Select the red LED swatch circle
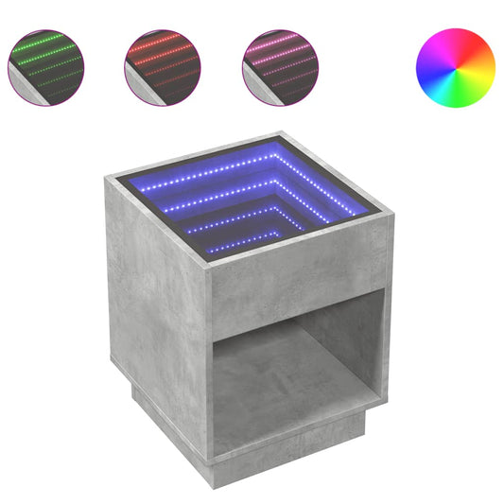click(x=162, y=67)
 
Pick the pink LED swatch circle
click(x=279, y=67)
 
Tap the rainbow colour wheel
click(x=455, y=67)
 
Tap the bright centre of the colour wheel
click(x=455, y=67)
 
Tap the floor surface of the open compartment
click(x=274, y=397)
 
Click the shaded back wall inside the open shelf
click(x=340, y=345)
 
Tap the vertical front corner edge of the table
click(x=210, y=369)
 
